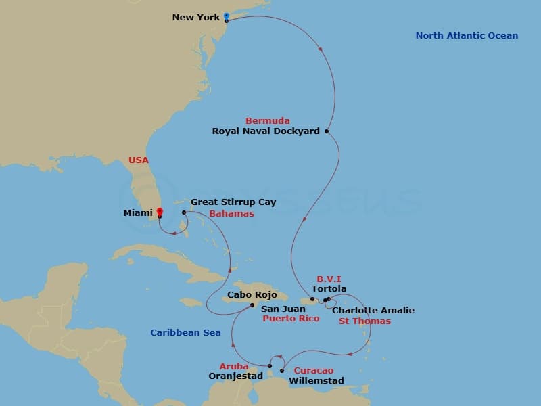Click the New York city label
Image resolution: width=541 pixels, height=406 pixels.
pos(196,17)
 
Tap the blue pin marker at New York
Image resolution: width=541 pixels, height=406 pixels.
pos(226,15)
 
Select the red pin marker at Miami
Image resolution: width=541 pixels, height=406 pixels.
pos(159,212)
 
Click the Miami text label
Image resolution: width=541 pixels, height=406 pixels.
pos(137,213)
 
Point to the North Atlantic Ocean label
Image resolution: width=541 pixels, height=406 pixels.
pos(467,36)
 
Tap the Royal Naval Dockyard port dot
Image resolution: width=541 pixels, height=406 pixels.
pos(327,131)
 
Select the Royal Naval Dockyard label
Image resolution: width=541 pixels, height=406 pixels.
pos(266,131)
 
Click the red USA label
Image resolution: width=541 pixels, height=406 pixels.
pos(139,160)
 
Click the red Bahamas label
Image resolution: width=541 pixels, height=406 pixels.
pos(231,214)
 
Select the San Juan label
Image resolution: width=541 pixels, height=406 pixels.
pos(279,308)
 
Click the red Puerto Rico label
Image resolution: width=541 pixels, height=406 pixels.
pos(291,319)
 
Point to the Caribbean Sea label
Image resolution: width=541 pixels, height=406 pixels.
pos(185,333)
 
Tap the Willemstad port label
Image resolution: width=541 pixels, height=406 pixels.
pos(316,381)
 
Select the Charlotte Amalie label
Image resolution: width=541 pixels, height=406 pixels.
pos(373,311)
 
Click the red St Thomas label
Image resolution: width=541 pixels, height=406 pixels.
pos(364,321)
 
